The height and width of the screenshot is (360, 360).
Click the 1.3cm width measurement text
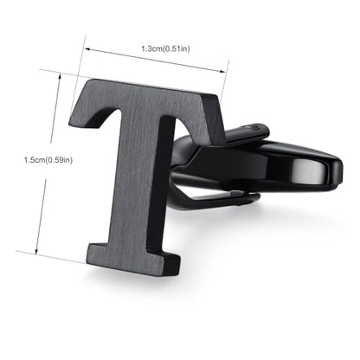coord(152,48)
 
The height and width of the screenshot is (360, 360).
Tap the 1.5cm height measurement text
coord(35,160)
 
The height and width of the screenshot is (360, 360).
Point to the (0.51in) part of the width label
coord(177,48)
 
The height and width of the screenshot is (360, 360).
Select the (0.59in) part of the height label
coord(60,160)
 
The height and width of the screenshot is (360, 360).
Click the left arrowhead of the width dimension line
coord(87,49)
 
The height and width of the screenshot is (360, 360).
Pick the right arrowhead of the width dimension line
coord(222,71)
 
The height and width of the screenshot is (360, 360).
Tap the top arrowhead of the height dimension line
coord(60,76)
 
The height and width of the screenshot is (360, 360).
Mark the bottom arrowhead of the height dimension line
coord(36,251)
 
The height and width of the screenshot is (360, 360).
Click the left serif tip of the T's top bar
coord(71,123)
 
